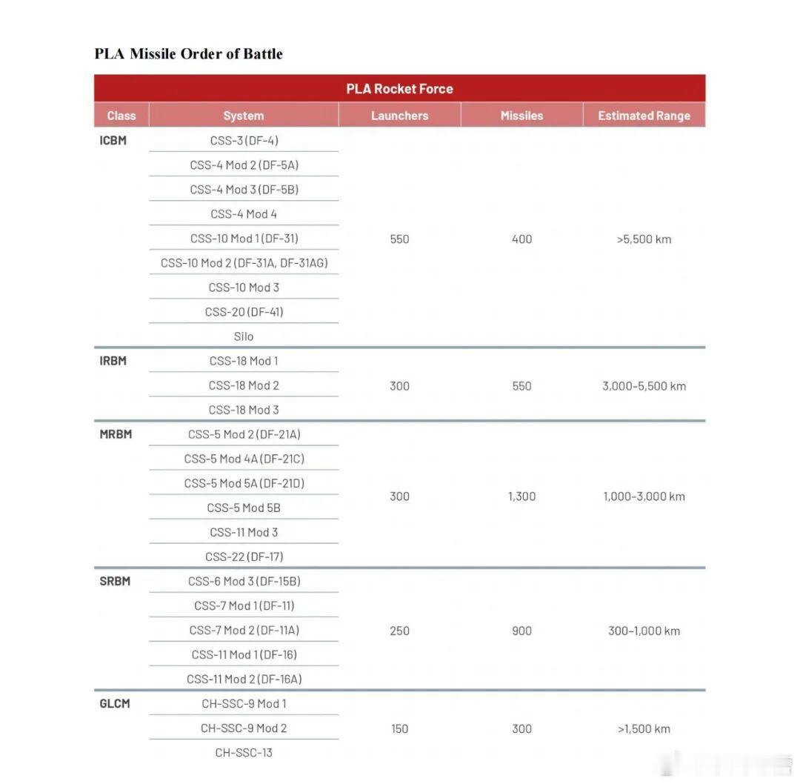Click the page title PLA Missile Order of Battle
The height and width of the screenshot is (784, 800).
tap(188, 53)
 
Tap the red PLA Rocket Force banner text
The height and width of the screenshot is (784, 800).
tap(399, 88)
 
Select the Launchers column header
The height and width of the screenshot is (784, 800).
tap(399, 116)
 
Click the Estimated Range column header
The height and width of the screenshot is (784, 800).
tap(644, 116)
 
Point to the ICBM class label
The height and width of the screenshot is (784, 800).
tap(113, 140)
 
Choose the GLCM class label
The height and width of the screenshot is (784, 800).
tap(115, 703)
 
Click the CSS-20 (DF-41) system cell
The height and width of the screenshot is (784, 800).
tap(244, 312)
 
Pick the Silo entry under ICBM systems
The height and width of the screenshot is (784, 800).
tap(244, 336)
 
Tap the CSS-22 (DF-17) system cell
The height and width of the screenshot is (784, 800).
tap(244, 557)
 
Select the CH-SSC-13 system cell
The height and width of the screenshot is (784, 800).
tap(244, 752)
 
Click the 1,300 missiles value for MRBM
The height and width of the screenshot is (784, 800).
tap(521, 496)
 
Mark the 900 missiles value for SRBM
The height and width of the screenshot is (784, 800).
tap(521, 631)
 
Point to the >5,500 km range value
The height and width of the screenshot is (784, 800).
tap(644, 239)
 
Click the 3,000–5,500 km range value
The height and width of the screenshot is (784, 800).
tap(644, 385)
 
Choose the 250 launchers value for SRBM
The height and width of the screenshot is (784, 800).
tap(399, 631)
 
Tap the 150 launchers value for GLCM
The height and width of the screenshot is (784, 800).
tap(399, 728)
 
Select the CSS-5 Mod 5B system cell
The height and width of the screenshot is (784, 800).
tap(244, 508)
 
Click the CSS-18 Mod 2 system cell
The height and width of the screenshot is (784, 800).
tap(244, 385)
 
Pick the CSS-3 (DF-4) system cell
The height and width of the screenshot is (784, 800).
tap(244, 140)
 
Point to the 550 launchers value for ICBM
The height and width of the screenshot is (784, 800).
tap(399, 239)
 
